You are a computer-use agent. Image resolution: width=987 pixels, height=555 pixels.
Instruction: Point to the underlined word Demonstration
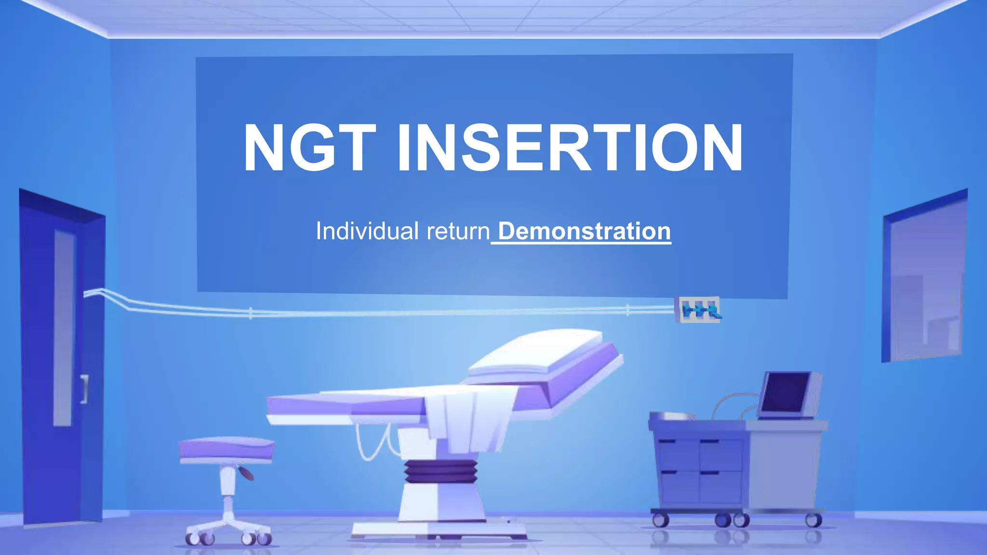pos(584,231)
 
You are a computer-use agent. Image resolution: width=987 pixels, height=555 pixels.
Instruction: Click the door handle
pos(85,388)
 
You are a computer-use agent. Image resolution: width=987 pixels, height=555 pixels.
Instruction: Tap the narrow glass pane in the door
pos(64,328)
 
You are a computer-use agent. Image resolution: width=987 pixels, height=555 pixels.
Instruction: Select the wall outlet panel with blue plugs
pos(698,310)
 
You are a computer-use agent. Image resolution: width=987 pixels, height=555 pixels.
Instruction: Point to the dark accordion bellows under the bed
pos(440,471)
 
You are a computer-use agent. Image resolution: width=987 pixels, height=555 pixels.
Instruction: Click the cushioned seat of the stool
pos(227,448)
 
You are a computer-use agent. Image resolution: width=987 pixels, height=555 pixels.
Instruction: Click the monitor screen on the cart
pos(786,393)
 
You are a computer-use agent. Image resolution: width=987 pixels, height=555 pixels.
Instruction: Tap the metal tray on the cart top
pos(672,416)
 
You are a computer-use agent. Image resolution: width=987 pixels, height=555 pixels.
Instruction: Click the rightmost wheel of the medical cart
pos(814,520)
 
